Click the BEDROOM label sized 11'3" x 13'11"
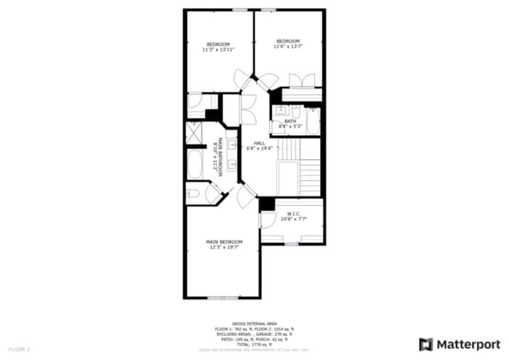click(x=217, y=44)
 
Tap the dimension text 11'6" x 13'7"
click(x=288, y=47)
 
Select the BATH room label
click(x=290, y=121)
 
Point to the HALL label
click(x=260, y=143)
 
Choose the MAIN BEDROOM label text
click(x=223, y=241)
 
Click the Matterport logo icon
click(x=426, y=344)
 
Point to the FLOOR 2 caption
click(x=20, y=349)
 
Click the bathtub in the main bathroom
click(x=195, y=164)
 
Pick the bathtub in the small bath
click(x=313, y=120)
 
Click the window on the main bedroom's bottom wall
click(x=223, y=297)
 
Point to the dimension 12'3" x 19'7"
click(x=223, y=247)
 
